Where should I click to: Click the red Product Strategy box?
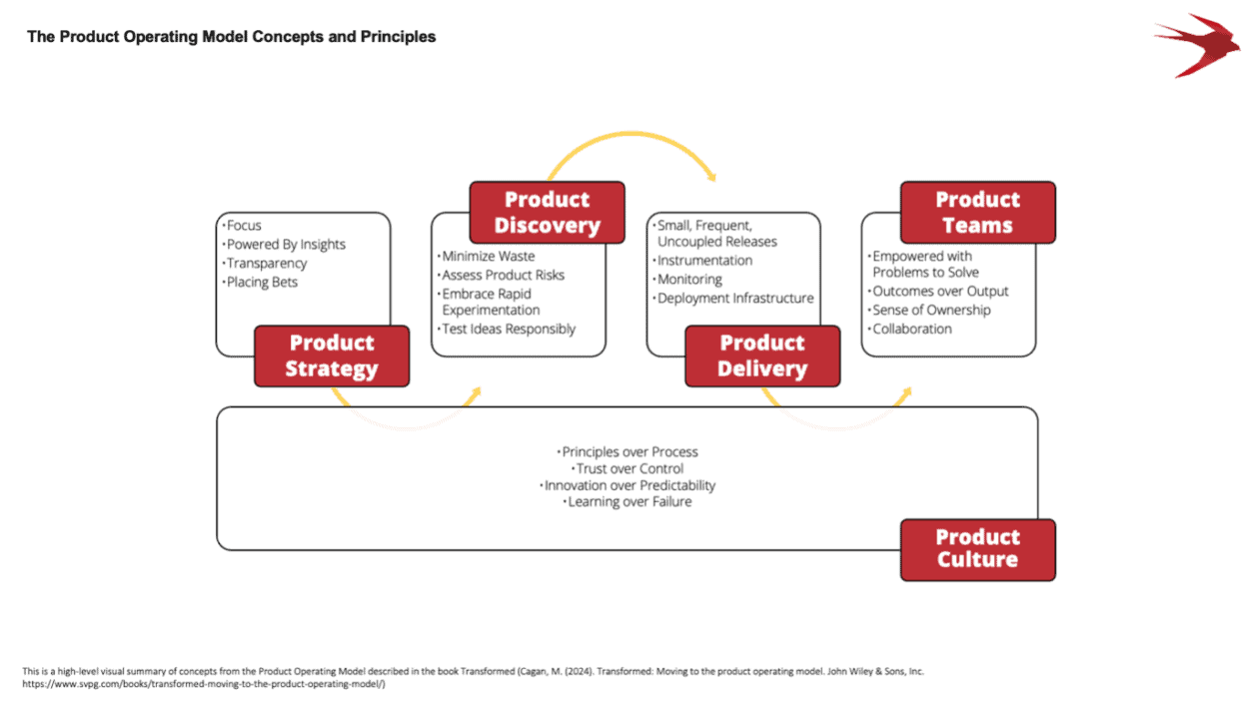(332, 355)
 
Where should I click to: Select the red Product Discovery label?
(548, 213)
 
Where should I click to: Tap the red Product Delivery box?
(762, 355)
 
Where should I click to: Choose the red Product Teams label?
(977, 213)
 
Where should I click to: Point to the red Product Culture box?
(977, 548)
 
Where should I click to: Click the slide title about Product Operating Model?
(231, 37)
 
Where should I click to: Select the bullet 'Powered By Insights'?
(286, 245)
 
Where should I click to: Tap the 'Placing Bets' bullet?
(262, 282)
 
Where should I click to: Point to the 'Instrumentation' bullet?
(703, 261)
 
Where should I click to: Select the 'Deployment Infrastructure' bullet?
(733, 298)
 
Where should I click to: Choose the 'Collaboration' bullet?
(911, 329)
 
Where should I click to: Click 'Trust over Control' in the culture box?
(629, 468)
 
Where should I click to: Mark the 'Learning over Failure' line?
(629, 501)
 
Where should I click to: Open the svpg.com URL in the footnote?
(204, 684)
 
